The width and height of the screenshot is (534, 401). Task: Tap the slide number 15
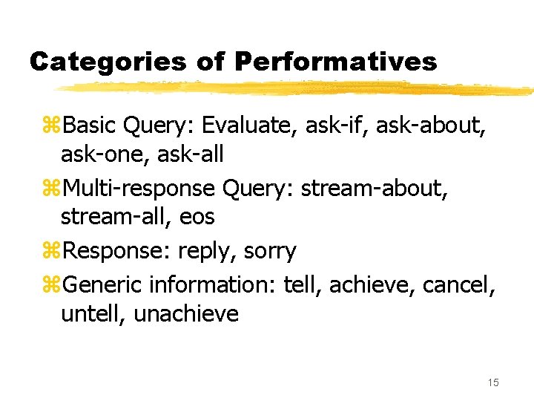coord(493,382)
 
